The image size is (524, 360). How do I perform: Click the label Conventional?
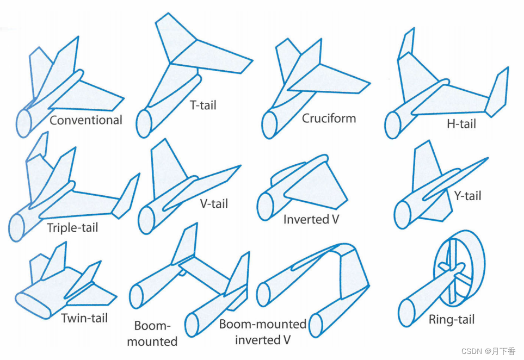[86, 120]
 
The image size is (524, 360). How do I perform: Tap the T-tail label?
[204, 105]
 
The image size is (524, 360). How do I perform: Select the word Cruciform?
[329, 118]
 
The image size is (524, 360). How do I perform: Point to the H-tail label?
[461, 124]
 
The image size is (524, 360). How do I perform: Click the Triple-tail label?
[72, 227]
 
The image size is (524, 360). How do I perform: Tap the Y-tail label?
[467, 195]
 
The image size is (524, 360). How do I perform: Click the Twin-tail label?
[84, 318]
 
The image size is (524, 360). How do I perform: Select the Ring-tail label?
[451, 320]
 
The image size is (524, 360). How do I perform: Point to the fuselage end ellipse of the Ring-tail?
[406, 313]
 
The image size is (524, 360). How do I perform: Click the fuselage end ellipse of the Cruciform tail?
[270, 125]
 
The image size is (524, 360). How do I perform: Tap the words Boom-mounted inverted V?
[263, 332]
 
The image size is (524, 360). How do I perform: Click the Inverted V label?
[314, 220]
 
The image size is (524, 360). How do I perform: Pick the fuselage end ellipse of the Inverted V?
[265, 207]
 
